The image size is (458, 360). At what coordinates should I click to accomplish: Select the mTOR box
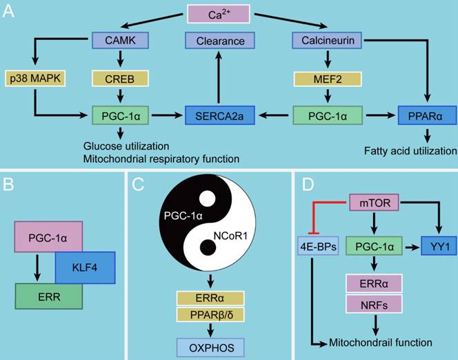pos(374,204)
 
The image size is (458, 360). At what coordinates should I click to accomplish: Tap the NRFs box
pos(373,304)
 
